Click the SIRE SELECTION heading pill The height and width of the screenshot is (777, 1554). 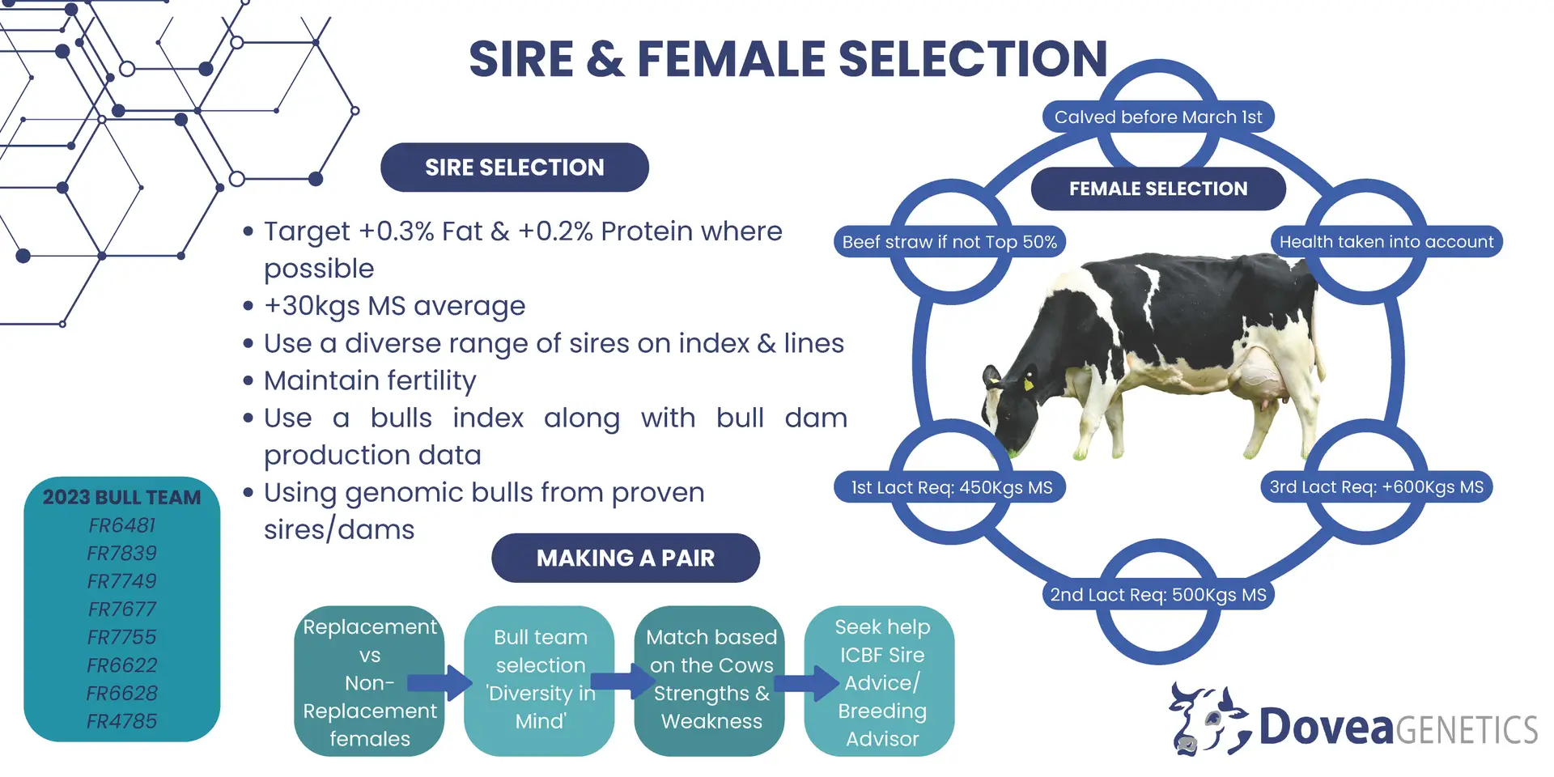[515, 168]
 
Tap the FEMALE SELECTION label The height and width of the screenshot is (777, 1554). [1158, 189]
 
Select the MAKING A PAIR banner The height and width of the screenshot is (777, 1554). [626, 558]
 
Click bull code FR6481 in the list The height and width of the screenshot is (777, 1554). [122, 525]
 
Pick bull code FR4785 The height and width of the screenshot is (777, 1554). [122, 721]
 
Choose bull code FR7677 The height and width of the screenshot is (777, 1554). [122, 609]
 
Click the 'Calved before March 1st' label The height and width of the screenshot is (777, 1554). [1158, 117]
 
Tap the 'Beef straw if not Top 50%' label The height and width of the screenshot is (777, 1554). [949, 242]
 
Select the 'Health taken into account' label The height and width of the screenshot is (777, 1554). [1386, 242]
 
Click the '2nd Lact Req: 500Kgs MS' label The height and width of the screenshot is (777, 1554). [1158, 595]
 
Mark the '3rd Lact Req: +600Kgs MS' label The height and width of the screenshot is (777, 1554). [1377, 487]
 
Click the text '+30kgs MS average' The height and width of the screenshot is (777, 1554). [395, 306]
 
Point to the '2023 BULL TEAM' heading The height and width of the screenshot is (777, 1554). [122, 497]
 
